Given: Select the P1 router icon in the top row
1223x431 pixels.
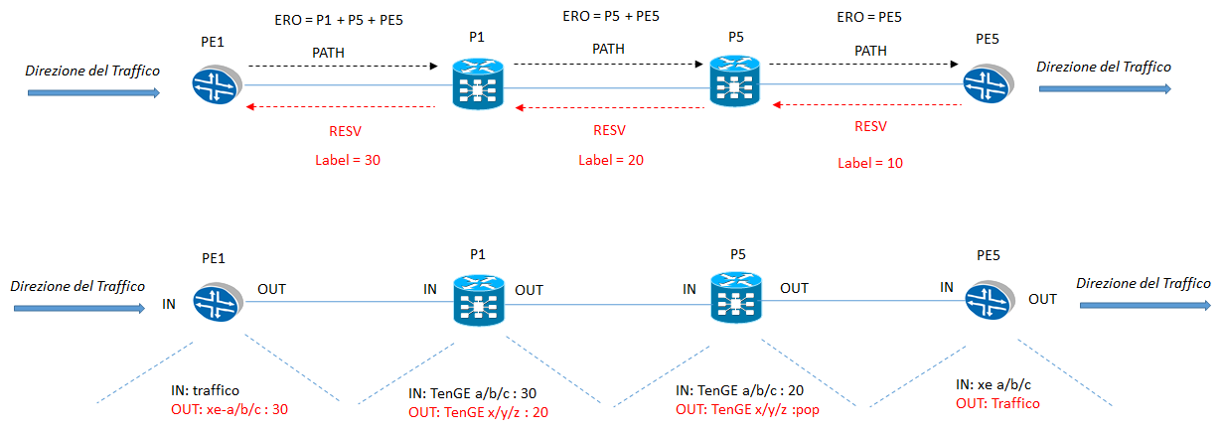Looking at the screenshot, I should click(478, 83).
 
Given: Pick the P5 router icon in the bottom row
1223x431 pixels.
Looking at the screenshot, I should click(737, 298).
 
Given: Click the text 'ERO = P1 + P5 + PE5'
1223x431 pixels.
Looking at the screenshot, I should click(339, 20).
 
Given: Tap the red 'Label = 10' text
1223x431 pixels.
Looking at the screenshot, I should click(870, 163).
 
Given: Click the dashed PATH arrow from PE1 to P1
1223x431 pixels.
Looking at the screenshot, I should click(343, 67).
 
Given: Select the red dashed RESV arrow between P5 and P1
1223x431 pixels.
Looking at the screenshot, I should click(610, 107).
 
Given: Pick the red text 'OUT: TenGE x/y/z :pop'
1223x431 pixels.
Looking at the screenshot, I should click(751, 409).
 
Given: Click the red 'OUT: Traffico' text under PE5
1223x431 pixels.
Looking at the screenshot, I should click(1001, 403).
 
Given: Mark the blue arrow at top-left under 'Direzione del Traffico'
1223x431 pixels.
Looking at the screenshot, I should click(92, 92).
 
